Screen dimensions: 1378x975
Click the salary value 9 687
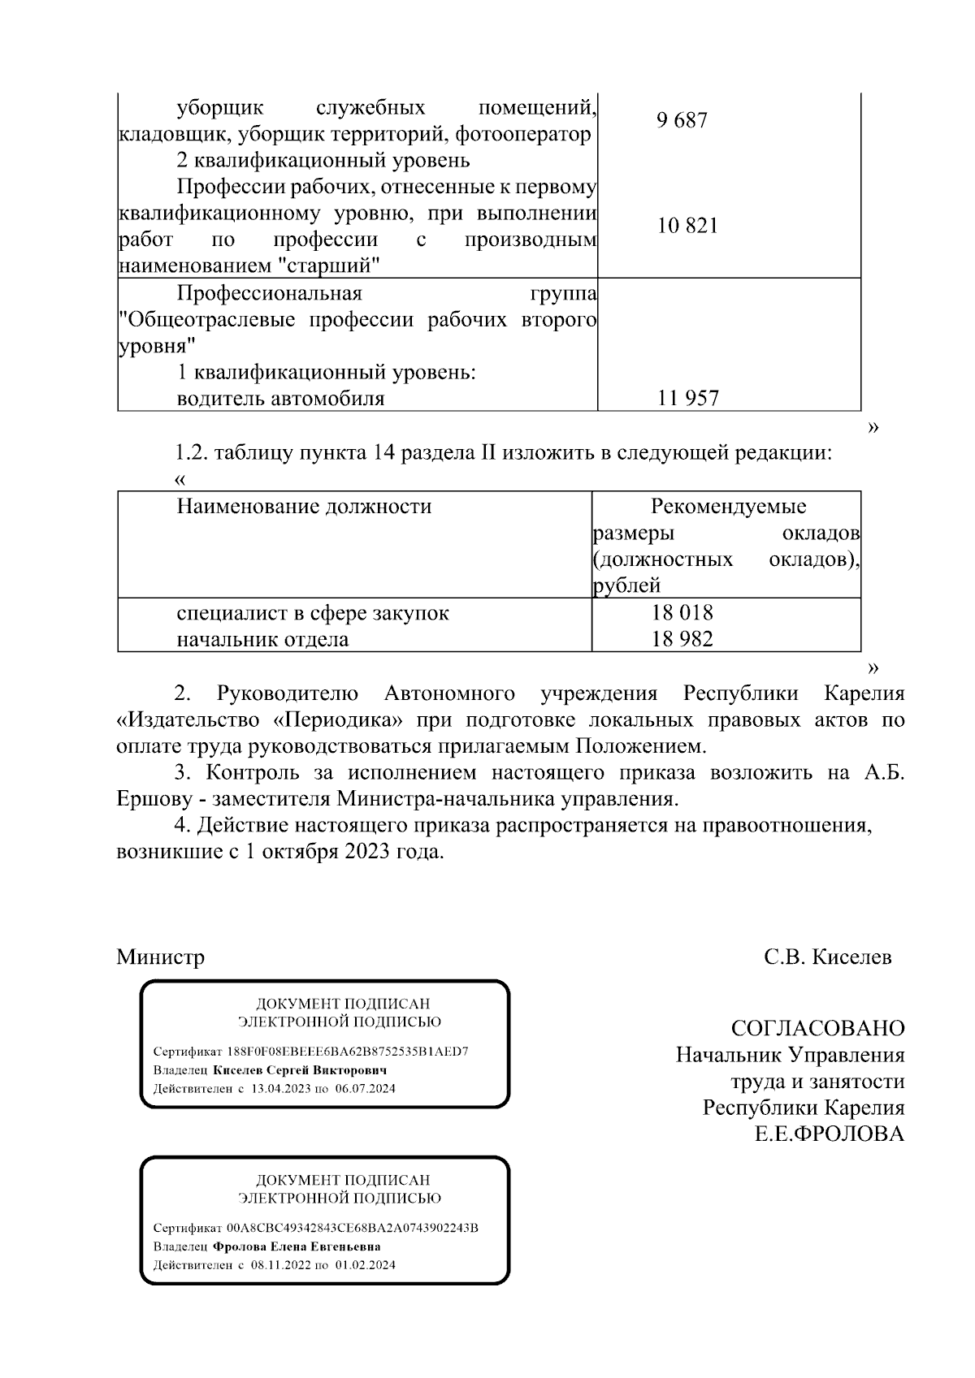pyautogui.click(x=682, y=121)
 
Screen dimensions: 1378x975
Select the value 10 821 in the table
pyautogui.click(x=687, y=226)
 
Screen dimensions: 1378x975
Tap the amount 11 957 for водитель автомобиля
pyautogui.click(x=688, y=399)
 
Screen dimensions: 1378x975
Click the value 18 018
pyautogui.click(x=682, y=613)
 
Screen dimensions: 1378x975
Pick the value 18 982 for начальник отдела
pyautogui.click(x=682, y=639)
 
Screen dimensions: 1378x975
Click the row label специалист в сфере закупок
pyautogui.click(x=313, y=613)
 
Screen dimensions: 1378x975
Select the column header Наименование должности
pyautogui.click(x=304, y=507)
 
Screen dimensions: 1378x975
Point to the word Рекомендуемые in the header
pyautogui.click(x=728, y=507)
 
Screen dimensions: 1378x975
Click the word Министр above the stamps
pyautogui.click(x=160, y=957)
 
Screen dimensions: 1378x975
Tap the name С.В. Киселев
pyautogui.click(x=827, y=957)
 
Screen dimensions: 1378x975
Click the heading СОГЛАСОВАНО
pyautogui.click(x=817, y=1029)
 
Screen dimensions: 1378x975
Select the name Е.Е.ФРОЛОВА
pyautogui.click(x=830, y=1134)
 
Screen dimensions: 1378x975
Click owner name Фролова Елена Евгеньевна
pyautogui.click(x=297, y=1246)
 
